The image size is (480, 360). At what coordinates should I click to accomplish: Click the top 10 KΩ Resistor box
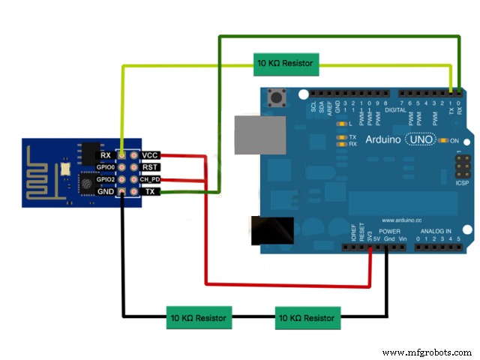pos(284,64)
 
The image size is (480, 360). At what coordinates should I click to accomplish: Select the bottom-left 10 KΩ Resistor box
pos(199,318)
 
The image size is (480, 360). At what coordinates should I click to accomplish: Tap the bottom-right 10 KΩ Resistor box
pos(307,318)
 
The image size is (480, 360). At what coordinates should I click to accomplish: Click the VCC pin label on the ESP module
pos(150,154)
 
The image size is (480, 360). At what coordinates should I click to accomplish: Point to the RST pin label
pos(149,167)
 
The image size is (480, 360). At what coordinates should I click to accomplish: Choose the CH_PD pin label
pos(151,180)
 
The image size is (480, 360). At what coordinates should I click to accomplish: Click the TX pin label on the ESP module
pos(148,193)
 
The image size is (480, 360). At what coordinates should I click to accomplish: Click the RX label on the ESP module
pos(107,154)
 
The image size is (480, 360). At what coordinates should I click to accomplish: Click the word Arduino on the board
pos(384,139)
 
